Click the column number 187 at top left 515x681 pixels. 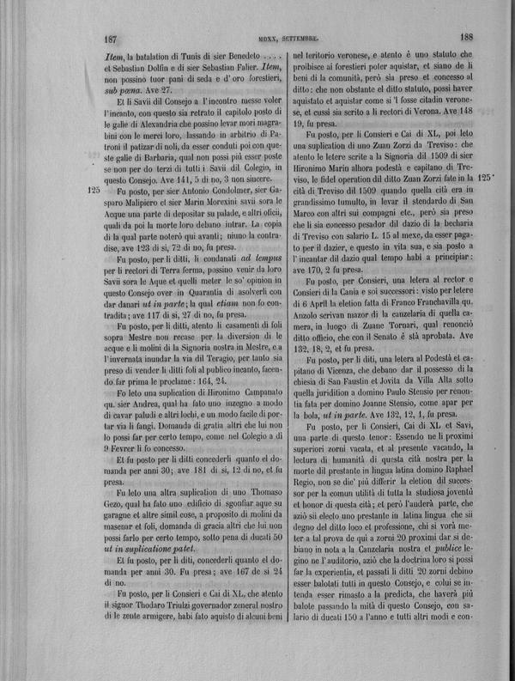click(x=109, y=39)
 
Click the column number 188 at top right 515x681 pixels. click(x=468, y=37)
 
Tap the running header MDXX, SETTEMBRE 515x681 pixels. click(x=288, y=39)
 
